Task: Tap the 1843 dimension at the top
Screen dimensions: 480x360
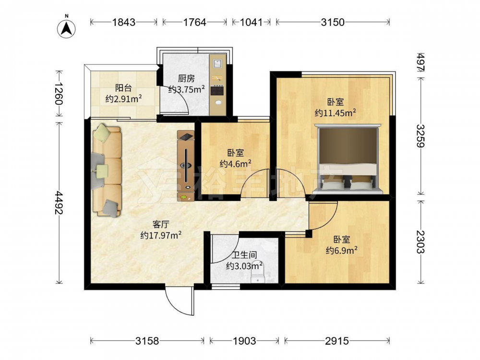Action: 124,22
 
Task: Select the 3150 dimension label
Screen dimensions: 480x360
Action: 333,22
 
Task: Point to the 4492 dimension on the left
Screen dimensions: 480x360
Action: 59,203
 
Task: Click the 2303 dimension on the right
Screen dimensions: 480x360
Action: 421,242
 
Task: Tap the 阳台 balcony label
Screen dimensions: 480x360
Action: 123,88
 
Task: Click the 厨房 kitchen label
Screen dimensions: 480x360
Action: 186,79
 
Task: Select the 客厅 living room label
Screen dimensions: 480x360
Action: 161,225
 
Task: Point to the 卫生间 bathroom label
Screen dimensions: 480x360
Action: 244,255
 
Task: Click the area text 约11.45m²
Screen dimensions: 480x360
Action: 335,113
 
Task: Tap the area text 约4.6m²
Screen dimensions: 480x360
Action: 235,164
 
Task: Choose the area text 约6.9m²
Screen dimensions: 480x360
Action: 341,251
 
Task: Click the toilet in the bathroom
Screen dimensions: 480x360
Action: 257,273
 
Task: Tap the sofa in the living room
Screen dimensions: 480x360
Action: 107,170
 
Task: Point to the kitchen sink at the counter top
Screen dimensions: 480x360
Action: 217,64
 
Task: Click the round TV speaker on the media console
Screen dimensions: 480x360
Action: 186,166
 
